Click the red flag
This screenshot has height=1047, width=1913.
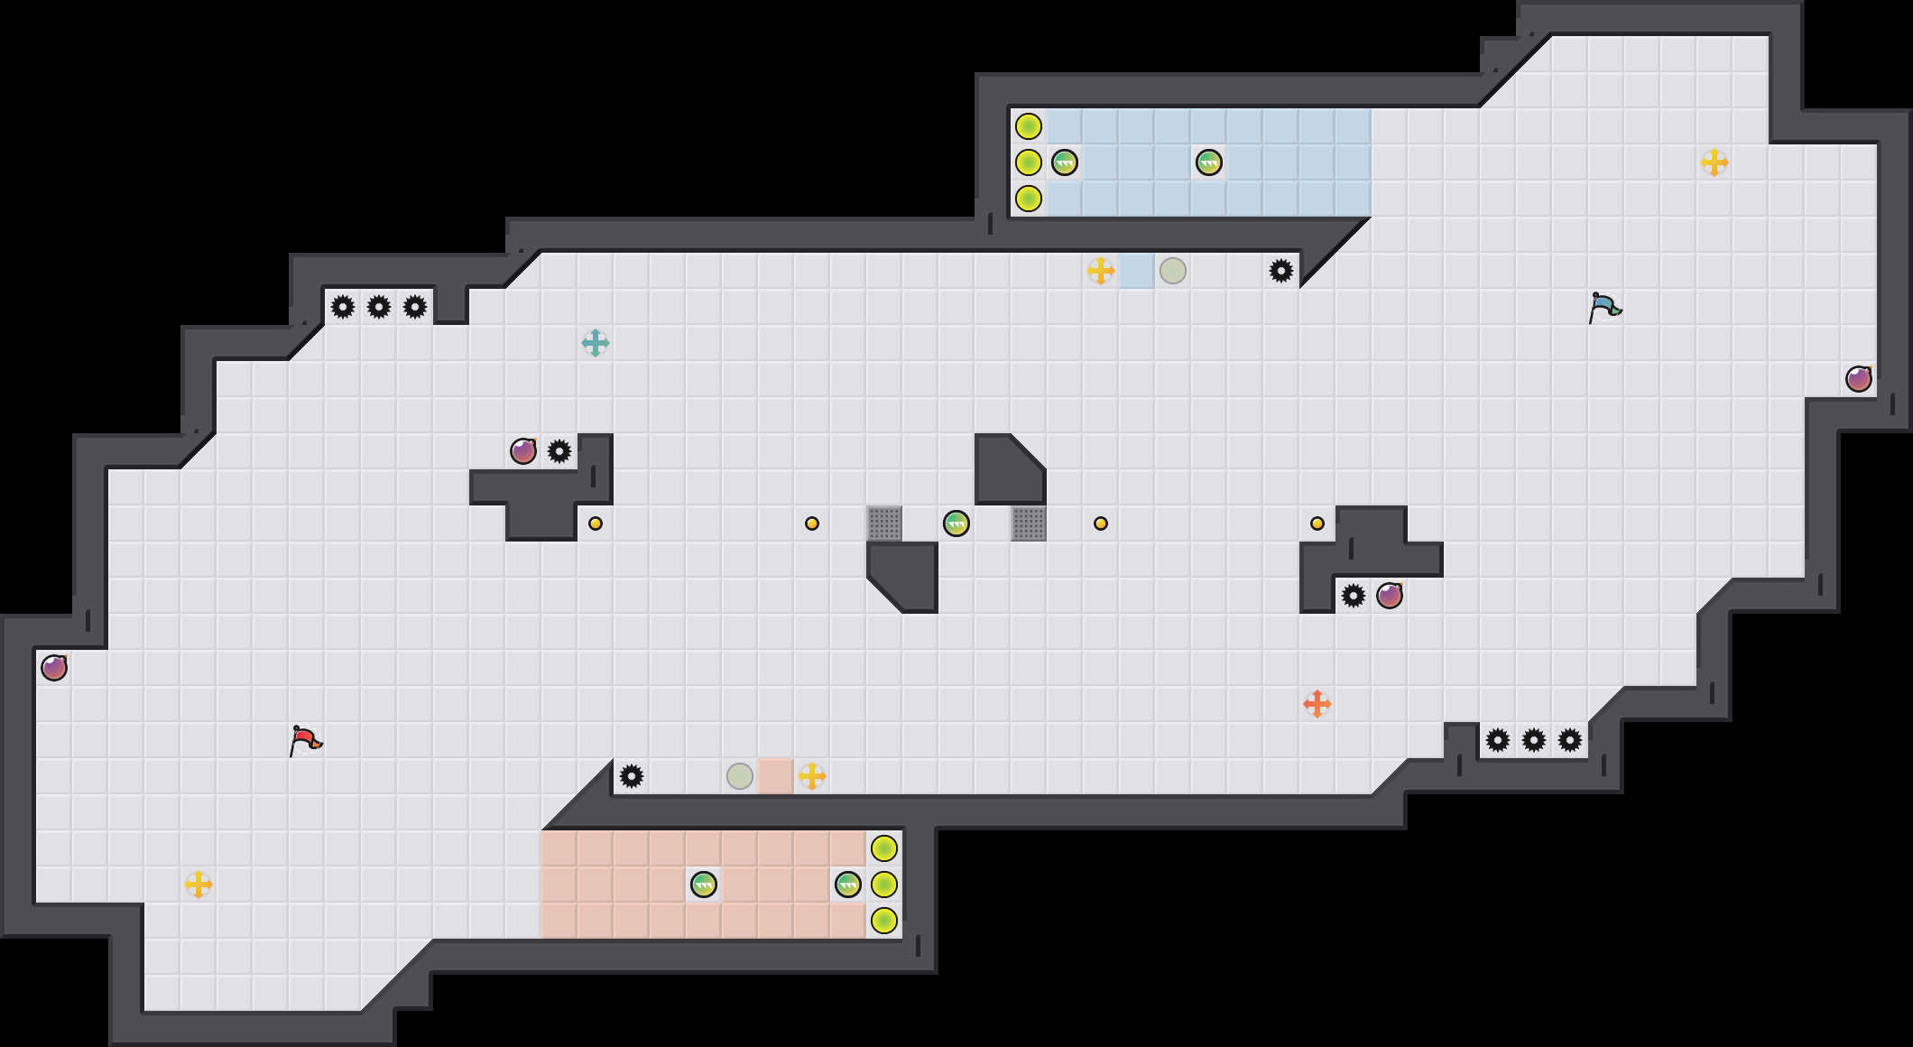(305, 740)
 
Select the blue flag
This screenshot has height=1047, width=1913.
(1604, 307)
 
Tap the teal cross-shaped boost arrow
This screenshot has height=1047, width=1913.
(596, 343)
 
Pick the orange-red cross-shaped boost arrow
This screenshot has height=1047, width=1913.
(1317, 704)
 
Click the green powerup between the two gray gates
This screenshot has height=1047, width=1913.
(956, 523)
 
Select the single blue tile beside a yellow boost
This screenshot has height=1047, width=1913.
(1137, 271)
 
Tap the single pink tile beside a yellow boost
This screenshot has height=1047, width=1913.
(776, 776)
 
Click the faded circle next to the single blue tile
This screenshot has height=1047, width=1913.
(1173, 271)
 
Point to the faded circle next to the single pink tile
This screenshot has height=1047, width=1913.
(740, 776)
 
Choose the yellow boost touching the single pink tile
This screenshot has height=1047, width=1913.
(812, 776)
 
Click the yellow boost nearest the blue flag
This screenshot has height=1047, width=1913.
(1714, 162)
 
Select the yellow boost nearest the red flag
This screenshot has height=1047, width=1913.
(199, 885)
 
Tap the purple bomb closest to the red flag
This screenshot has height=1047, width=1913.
(54, 668)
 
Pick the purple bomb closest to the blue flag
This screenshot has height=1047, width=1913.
(1859, 379)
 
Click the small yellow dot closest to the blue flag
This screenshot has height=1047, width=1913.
(1317, 523)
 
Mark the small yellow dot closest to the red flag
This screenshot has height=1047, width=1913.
(596, 523)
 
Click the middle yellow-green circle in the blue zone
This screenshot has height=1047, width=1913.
(1029, 162)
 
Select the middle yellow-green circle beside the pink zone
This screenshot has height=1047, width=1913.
(884, 885)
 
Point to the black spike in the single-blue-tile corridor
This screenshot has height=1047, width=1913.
(1281, 271)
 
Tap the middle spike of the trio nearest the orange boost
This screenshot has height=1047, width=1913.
(1534, 740)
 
